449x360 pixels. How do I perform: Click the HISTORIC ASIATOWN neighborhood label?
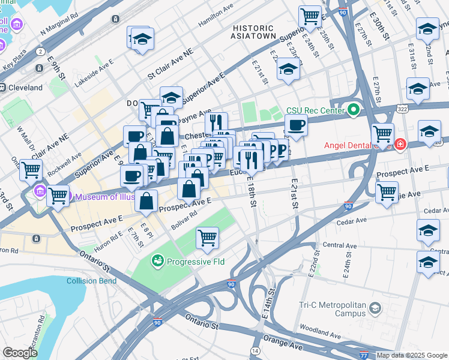click(254, 32)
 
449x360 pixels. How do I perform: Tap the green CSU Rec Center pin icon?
click(354, 110)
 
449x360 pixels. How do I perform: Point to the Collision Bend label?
click(90, 281)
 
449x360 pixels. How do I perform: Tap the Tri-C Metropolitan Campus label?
click(332, 309)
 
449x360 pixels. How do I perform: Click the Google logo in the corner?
click(20, 353)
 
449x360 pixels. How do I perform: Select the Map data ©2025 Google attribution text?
click(412, 355)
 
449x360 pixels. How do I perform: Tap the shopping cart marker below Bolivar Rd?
click(207, 237)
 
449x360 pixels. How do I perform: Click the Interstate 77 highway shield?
click(365, 355)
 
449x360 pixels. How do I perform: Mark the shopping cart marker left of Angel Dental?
click(382, 134)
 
